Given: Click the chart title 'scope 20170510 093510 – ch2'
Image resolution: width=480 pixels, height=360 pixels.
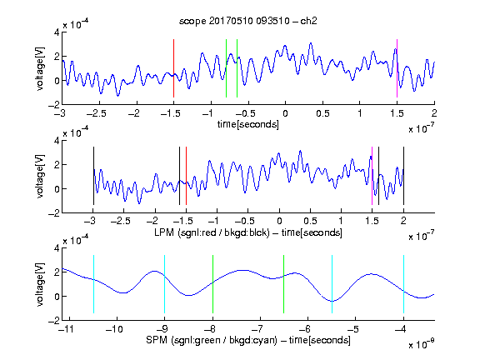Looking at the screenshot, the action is tap(248, 21).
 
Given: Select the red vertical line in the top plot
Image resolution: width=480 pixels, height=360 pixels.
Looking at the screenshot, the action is tap(173, 68).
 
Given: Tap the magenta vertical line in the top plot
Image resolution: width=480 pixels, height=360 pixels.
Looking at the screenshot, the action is tap(397, 68).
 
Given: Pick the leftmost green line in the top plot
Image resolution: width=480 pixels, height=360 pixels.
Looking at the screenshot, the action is tap(226, 68).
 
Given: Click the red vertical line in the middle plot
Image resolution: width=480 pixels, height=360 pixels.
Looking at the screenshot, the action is tap(186, 176).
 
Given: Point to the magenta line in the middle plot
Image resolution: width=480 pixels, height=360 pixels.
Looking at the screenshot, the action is tap(372, 176).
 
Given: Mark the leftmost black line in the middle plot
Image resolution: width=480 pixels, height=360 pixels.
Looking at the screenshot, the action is tap(93, 176).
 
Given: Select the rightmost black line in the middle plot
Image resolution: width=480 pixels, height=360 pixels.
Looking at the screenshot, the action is tap(403, 176).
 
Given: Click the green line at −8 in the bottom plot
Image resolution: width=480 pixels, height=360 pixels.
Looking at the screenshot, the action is tap(212, 284).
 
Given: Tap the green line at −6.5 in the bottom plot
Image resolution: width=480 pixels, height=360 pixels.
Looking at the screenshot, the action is tap(284, 284).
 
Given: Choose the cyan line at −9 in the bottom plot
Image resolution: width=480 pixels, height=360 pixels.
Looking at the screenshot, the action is tap(165, 284).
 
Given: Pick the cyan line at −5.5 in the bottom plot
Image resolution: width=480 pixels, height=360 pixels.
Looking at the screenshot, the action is tap(332, 284).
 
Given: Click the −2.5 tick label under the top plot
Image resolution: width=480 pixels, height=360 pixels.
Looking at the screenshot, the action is tap(96, 113).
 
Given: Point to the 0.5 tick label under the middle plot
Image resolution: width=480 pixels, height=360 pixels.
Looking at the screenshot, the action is tap(310, 221).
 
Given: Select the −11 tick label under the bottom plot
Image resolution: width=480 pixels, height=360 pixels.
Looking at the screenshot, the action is tap(65, 329).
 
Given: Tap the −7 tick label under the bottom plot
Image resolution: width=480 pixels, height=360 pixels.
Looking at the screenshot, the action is tap(259, 329).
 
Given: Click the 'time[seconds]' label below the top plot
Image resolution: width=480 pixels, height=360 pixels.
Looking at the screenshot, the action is tap(248, 124).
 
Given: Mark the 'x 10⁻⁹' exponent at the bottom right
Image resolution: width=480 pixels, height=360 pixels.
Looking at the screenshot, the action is tap(422, 344).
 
